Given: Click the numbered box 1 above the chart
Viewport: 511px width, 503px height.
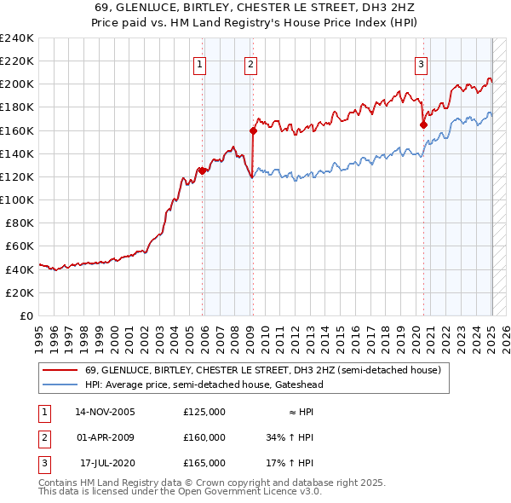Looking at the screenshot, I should (x=199, y=63).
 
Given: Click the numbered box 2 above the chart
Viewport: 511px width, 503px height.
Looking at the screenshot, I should (x=251, y=63).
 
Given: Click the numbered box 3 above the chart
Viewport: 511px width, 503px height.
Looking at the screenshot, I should (x=422, y=63).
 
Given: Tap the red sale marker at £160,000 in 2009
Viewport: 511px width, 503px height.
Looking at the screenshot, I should (x=253, y=130).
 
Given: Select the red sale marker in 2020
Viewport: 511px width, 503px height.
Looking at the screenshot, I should (x=423, y=124).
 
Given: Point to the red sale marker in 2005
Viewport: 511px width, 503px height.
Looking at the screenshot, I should (x=202, y=171).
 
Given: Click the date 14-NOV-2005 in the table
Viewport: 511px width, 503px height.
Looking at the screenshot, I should (x=105, y=412).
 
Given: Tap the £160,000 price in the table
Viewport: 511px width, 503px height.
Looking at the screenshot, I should (x=204, y=437).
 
